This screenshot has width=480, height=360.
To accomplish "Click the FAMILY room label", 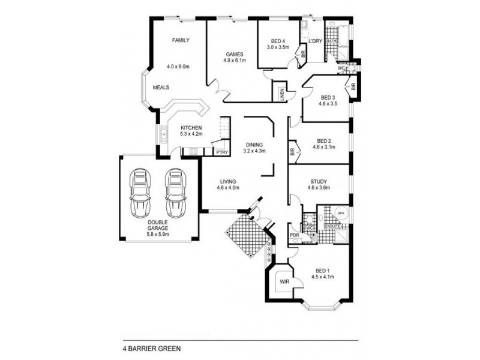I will coord(181,40).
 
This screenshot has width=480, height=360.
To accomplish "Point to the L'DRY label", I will coord(316,41).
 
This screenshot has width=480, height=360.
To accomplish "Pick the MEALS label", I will coord(161,87).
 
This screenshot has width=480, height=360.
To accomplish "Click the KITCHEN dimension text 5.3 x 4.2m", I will coord(192,134).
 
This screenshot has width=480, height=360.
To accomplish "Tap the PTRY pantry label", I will coord(222,152).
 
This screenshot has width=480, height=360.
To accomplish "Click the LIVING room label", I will coord(228,181).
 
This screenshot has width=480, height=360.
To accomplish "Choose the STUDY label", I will coord(319,181).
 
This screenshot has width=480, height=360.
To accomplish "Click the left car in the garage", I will coord(140,193).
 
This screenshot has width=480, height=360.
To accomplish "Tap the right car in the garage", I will coord(175,193).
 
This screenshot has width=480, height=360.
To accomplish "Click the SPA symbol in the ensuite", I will coord(340,213).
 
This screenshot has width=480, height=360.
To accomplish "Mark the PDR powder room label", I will coord(295,235).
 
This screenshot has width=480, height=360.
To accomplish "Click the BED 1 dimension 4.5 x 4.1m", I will coord(322,277).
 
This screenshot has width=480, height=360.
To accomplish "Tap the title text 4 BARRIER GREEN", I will coord(148,347).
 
